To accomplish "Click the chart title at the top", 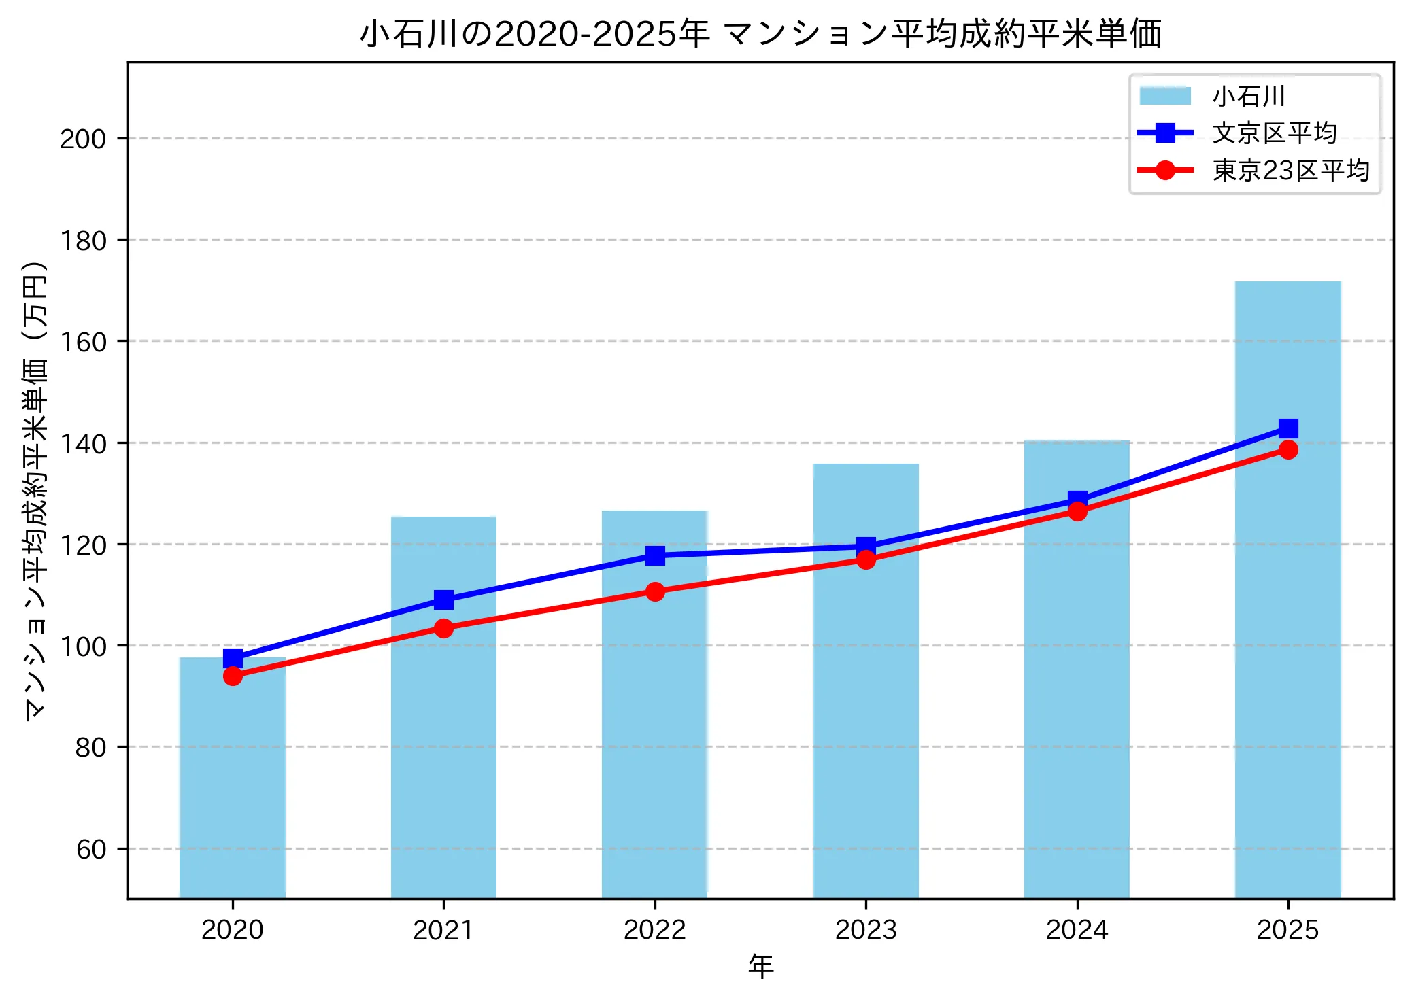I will pos(760,33).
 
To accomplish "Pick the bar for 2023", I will pos(866,714).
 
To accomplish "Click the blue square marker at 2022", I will pos(655,555).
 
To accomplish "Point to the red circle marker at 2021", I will pos(443,628).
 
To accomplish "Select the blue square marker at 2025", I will pos(1288,428).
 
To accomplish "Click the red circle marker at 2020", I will pos(233,676).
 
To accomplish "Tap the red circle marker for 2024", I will pos(1077,511).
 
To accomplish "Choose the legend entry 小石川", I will pos(1248,96).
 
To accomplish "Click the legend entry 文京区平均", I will pos(1274,133).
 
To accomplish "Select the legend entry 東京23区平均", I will pos(1290,170).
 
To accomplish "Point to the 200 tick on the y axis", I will pos(83,139).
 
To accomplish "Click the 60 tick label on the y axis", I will pos(91,849).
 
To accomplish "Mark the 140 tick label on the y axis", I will pos(83,443).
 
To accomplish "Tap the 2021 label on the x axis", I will pos(443,930).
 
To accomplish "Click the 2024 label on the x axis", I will pos(1077,930).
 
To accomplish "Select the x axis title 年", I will pos(760,967).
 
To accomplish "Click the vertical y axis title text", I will pos(35,489).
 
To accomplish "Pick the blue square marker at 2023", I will pos(866,547).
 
